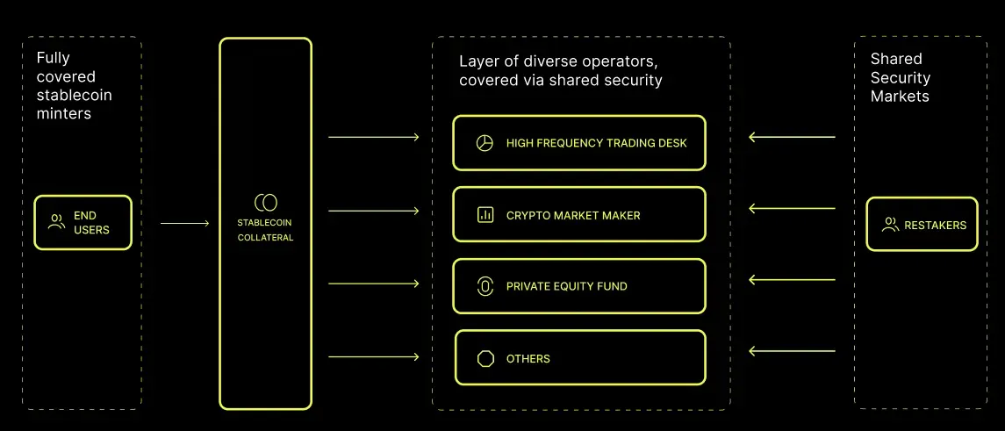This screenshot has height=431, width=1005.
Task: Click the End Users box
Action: pos(83,223)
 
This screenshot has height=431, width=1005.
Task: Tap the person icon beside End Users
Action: pos(56,223)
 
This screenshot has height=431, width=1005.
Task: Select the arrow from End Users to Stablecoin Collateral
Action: pos(185,223)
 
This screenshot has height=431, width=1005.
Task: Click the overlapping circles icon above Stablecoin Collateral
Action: pos(265,203)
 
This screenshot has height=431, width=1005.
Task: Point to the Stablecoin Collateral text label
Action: pos(265,231)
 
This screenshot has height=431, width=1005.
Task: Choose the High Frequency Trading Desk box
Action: pos(579,143)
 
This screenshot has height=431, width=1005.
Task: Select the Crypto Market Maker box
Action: pos(579,214)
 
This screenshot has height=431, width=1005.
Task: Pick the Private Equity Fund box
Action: pos(579,286)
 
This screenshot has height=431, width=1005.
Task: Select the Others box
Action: pos(579,358)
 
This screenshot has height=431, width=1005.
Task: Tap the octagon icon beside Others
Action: pos(485,358)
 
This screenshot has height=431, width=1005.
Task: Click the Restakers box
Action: pos(922,225)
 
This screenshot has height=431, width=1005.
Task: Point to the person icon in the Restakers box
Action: pos(890,225)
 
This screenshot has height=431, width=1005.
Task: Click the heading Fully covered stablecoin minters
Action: pos(75,86)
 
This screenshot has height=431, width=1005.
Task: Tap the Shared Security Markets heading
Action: pos(901,77)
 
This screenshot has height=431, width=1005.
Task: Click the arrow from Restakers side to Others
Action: pos(792,351)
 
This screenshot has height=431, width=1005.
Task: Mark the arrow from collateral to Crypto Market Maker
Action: pos(374,211)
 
